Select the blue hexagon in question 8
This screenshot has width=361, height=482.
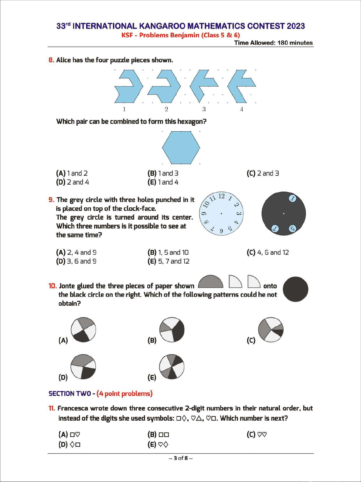click(x=181, y=147)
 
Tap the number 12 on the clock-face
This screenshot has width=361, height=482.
click(x=221, y=196)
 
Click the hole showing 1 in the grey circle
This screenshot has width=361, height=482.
click(x=292, y=199)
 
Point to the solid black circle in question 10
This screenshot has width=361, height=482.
click(x=295, y=289)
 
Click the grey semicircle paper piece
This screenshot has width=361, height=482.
click(x=210, y=283)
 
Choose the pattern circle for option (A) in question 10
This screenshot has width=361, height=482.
click(x=83, y=330)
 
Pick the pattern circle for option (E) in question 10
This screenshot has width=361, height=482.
click(x=172, y=366)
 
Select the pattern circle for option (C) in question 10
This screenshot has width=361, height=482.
click(x=271, y=330)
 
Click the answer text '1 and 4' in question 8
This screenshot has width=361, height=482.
click(x=168, y=182)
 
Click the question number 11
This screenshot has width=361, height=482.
click(x=52, y=408)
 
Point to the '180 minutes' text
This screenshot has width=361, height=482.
click(x=295, y=43)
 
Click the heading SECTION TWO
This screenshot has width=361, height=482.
click(x=70, y=394)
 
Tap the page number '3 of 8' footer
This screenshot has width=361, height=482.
click(x=181, y=458)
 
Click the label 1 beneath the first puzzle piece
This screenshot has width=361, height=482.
click(x=124, y=109)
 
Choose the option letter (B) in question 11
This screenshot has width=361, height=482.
click(x=152, y=434)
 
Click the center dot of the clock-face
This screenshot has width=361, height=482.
click(x=221, y=213)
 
